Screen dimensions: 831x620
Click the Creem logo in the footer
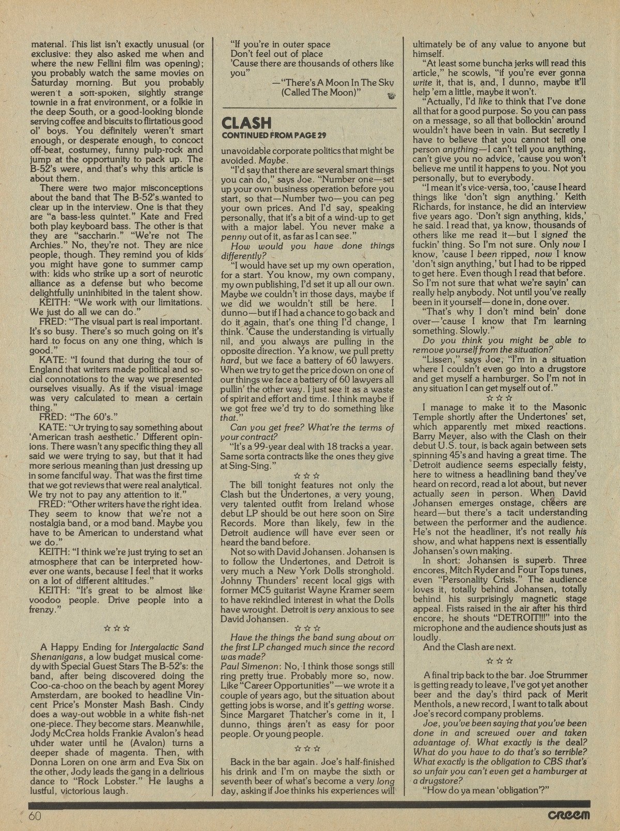[x=567, y=815]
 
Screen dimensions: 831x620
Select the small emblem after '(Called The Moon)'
[x=389, y=94]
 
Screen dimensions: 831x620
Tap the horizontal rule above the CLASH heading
[x=308, y=108]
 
